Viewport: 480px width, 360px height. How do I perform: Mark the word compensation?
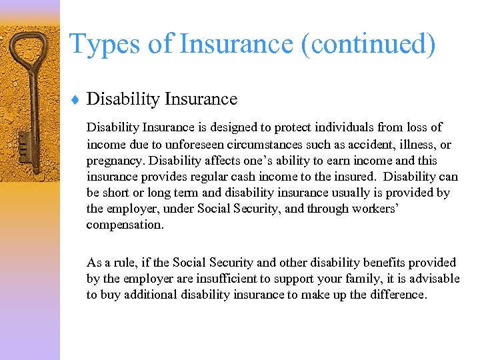(124, 225)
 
